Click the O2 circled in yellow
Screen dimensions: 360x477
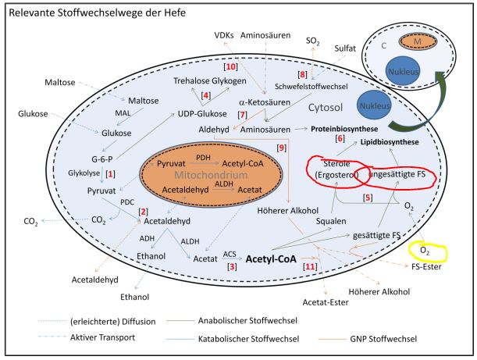click(425, 251)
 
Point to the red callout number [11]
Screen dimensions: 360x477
click(311, 267)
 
